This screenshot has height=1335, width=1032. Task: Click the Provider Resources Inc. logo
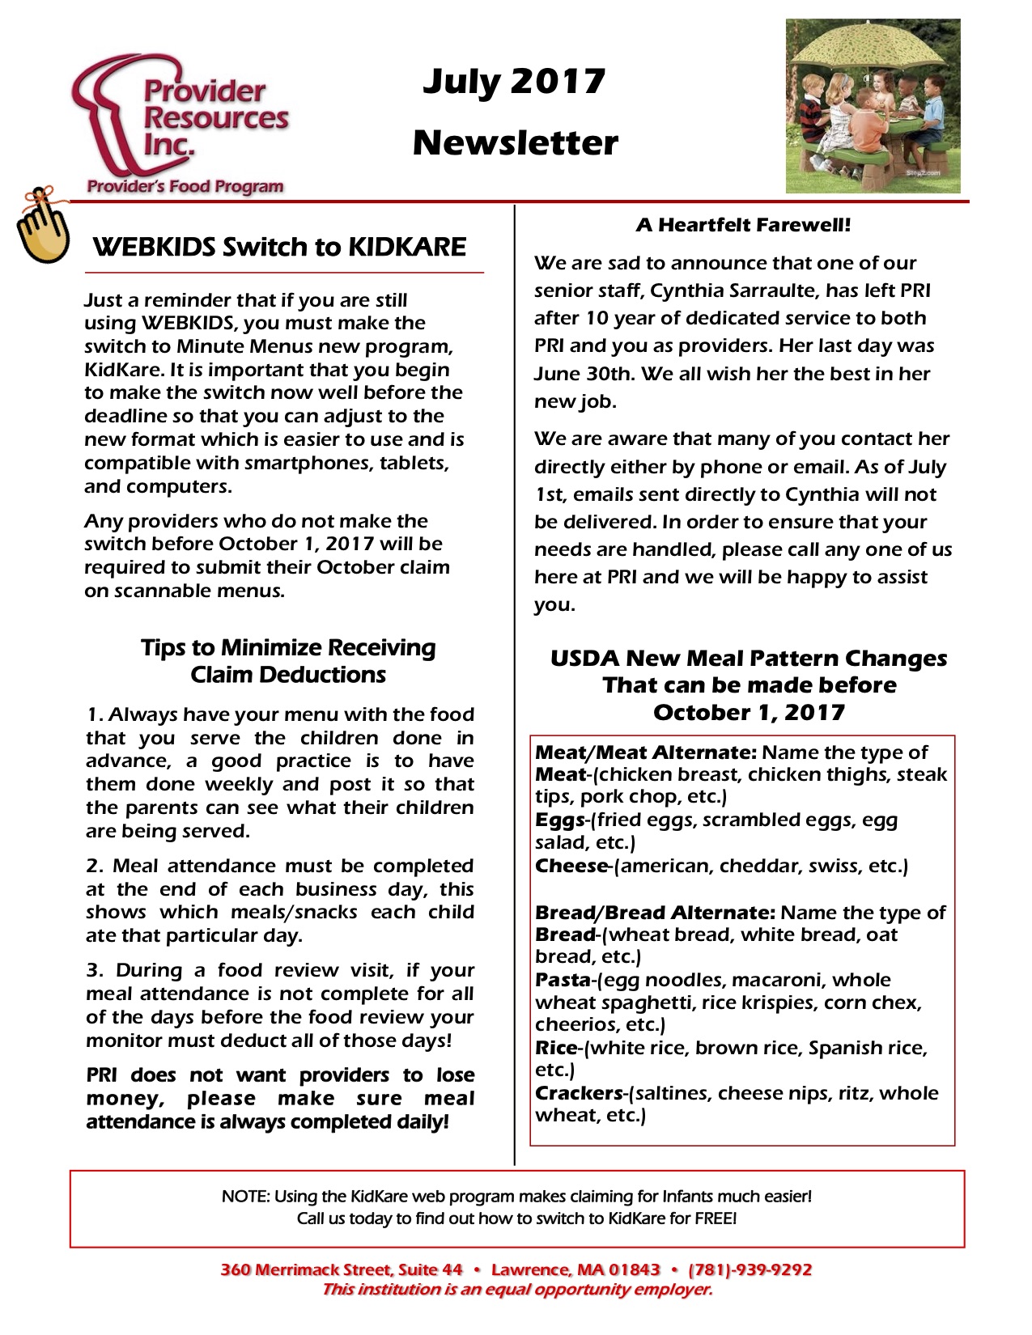(x=182, y=125)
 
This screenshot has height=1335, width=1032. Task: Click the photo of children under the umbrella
(x=873, y=106)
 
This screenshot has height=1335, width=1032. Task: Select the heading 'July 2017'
(x=514, y=82)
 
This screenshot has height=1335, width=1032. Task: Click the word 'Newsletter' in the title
(x=515, y=143)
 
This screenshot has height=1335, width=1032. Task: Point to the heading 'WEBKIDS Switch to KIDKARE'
(x=279, y=247)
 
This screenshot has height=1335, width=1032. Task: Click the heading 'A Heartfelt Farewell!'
(x=743, y=225)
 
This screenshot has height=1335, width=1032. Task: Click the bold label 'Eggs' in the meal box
(x=560, y=820)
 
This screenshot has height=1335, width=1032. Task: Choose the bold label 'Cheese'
(x=571, y=866)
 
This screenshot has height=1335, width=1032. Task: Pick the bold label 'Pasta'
(x=563, y=980)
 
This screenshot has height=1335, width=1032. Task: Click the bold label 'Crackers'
(x=579, y=1093)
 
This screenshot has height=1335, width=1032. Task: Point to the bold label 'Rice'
(x=556, y=1048)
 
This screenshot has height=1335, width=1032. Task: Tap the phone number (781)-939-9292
(x=750, y=1269)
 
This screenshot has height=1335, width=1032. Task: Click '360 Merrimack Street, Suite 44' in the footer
(x=341, y=1269)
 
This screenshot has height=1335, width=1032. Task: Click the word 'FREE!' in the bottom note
(x=716, y=1218)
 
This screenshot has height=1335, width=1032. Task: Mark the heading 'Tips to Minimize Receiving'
(x=288, y=647)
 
